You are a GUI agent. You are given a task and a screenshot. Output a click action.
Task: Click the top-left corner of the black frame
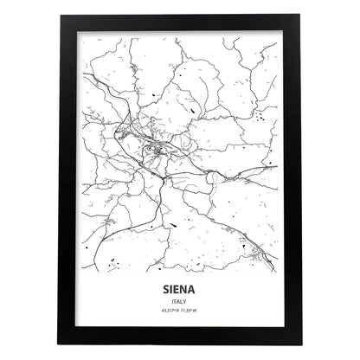click(x=62, y=19)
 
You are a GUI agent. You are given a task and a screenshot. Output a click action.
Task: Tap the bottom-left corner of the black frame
click(x=62, y=340)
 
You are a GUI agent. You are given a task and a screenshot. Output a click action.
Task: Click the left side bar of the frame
click(x=68, y=180)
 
